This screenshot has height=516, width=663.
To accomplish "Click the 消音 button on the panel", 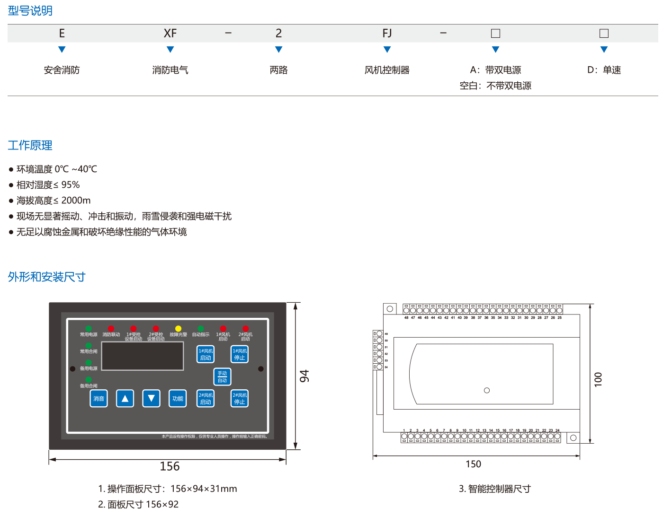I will point(99,399).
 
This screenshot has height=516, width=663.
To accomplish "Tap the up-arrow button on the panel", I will point(125,399).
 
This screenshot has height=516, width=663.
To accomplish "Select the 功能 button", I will point(178,399).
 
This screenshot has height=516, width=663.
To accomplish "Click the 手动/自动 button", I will point(222,377).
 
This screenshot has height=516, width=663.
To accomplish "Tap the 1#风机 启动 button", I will point(206,354).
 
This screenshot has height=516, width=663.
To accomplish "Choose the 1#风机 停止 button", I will point(240,354).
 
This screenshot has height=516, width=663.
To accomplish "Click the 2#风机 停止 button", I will point(240,399).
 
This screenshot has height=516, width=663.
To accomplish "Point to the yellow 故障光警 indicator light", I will point(178,329).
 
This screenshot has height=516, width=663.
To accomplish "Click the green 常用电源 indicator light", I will point(89,329).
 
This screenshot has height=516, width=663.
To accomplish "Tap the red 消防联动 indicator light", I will point(111,329).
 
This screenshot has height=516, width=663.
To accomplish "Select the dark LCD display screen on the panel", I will point(143,356).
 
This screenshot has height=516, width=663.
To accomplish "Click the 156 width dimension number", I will point(170,466).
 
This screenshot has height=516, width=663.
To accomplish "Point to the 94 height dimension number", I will point(304,376).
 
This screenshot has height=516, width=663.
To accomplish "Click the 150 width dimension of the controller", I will point(473,464).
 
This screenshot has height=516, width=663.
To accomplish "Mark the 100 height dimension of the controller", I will point(598,379).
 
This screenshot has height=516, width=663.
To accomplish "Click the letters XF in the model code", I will point(170,33).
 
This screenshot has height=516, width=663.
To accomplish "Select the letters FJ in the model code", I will point(387,33).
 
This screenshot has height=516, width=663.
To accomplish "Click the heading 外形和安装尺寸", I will point(46,277).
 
